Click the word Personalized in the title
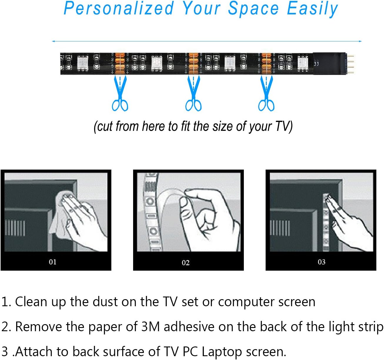coord(119,8)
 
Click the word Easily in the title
coord(312,8)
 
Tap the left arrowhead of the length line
coord(53,41)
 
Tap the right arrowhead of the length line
coord(360,41)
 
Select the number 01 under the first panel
coord(53,262)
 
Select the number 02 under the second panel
coord(186,263)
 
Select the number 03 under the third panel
coord(321,262)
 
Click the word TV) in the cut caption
coord(284,126)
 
